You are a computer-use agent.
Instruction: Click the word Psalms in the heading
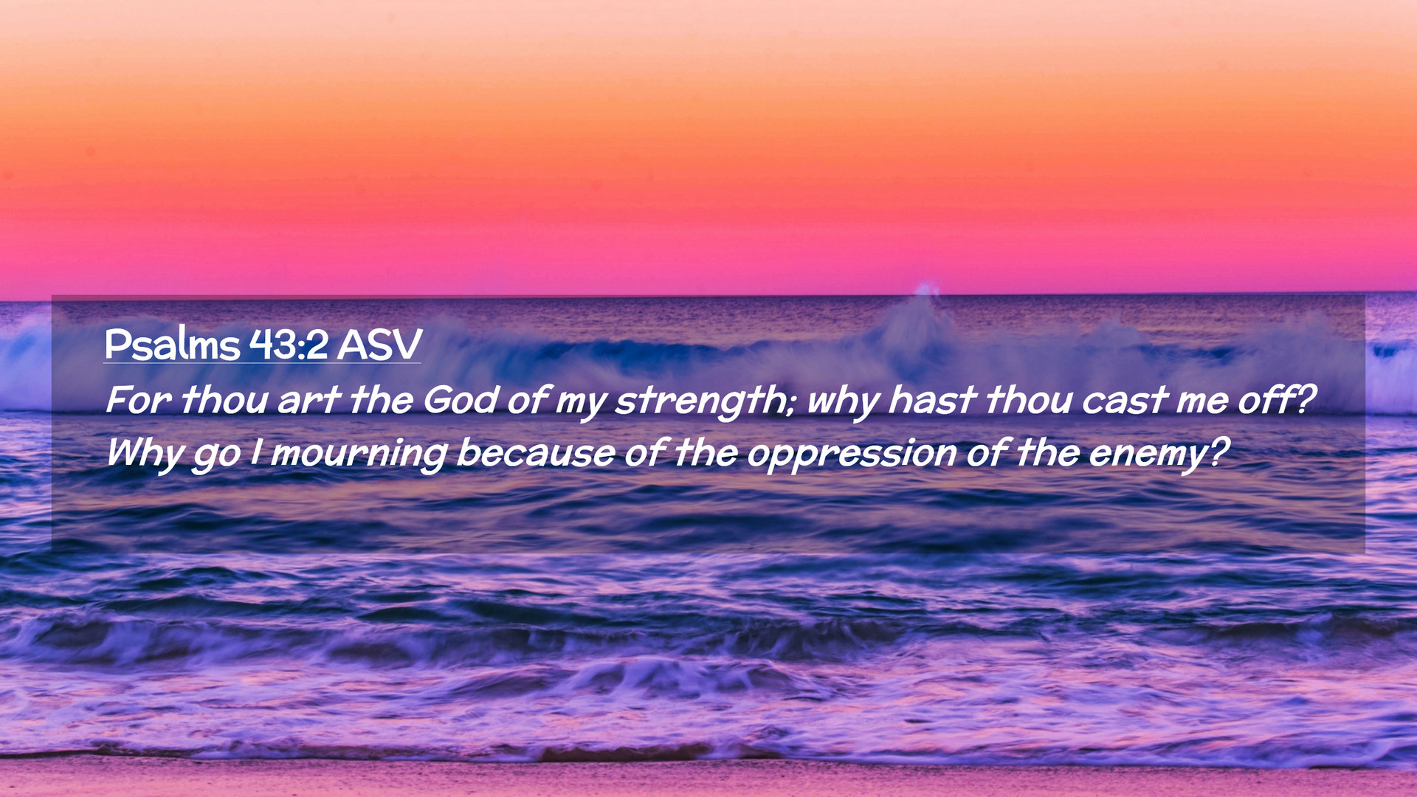pos(172,344)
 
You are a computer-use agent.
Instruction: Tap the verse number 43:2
pos(289,344)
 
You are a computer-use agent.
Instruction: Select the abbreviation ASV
pos(379,344)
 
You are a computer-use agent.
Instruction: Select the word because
pos(535,453)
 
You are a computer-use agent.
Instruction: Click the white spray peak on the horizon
pos(925,289)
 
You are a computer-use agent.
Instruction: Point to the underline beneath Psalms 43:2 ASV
pos(262,363)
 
